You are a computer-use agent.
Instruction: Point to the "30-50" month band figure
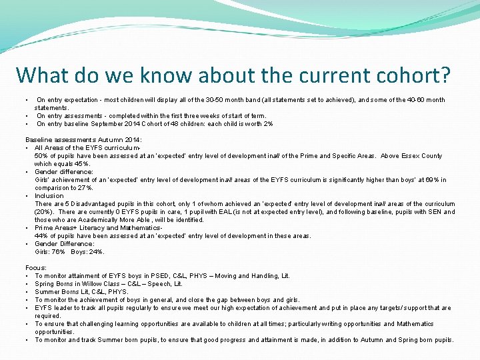(x=217, y=100)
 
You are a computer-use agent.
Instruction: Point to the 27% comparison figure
(x=85, y=188)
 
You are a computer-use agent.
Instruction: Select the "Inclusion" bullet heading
(x=49, y=196)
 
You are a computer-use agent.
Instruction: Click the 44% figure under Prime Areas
(x=41, y=236)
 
